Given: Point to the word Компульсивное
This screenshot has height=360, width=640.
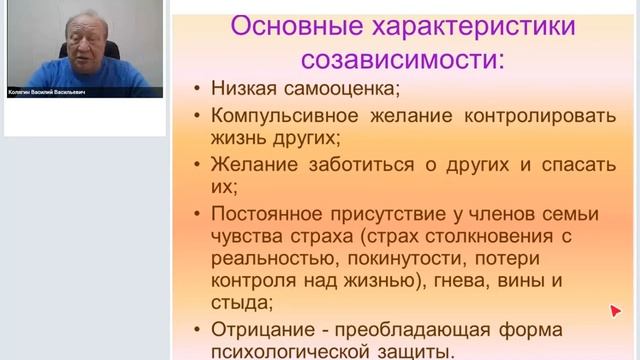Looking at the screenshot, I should tap(276, 118).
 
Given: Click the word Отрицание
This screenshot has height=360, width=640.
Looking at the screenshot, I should tap(260, 329).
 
